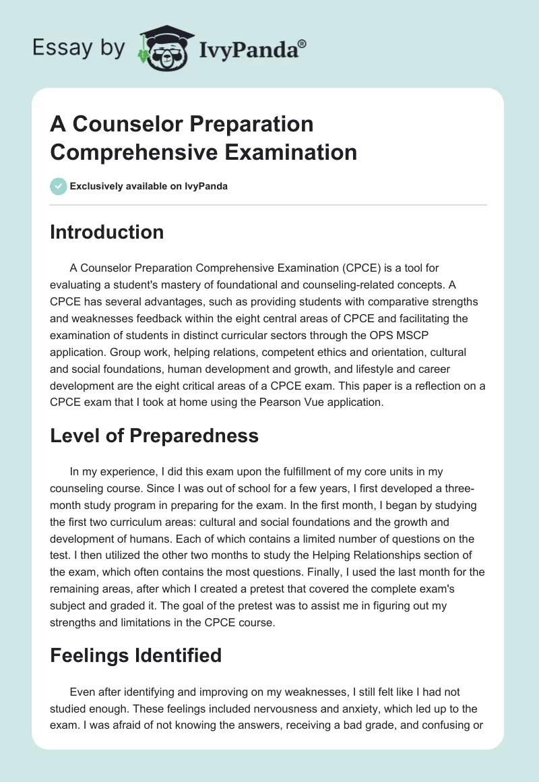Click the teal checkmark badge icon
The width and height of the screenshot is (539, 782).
(59, 186)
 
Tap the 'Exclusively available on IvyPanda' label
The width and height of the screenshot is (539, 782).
(149, 186)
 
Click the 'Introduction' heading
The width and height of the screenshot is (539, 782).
(107, 232)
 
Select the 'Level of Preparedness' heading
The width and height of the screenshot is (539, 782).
(154, 435)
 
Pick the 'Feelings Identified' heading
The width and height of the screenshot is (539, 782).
(135, 655)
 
